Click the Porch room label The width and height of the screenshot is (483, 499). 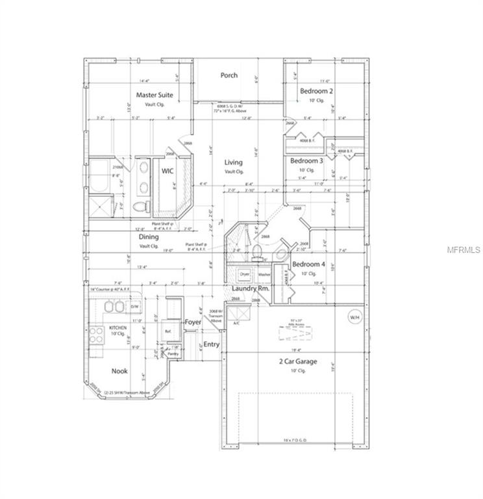229,75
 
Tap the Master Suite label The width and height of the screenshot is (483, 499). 154,95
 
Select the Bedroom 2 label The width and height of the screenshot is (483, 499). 316,92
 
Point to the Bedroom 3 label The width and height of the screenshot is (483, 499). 306,160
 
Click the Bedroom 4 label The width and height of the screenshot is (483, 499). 308,264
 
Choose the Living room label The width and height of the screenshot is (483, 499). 234,162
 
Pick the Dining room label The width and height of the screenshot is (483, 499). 149,237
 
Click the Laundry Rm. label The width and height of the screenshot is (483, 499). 250,287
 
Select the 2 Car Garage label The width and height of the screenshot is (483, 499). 297,361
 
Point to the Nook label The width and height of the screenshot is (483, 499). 119,371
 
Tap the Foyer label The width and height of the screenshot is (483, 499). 193,322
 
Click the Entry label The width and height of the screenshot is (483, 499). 212,344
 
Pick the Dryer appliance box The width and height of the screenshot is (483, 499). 244,275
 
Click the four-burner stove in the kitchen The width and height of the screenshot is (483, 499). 96,335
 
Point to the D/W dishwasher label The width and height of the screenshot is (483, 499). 135,306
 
